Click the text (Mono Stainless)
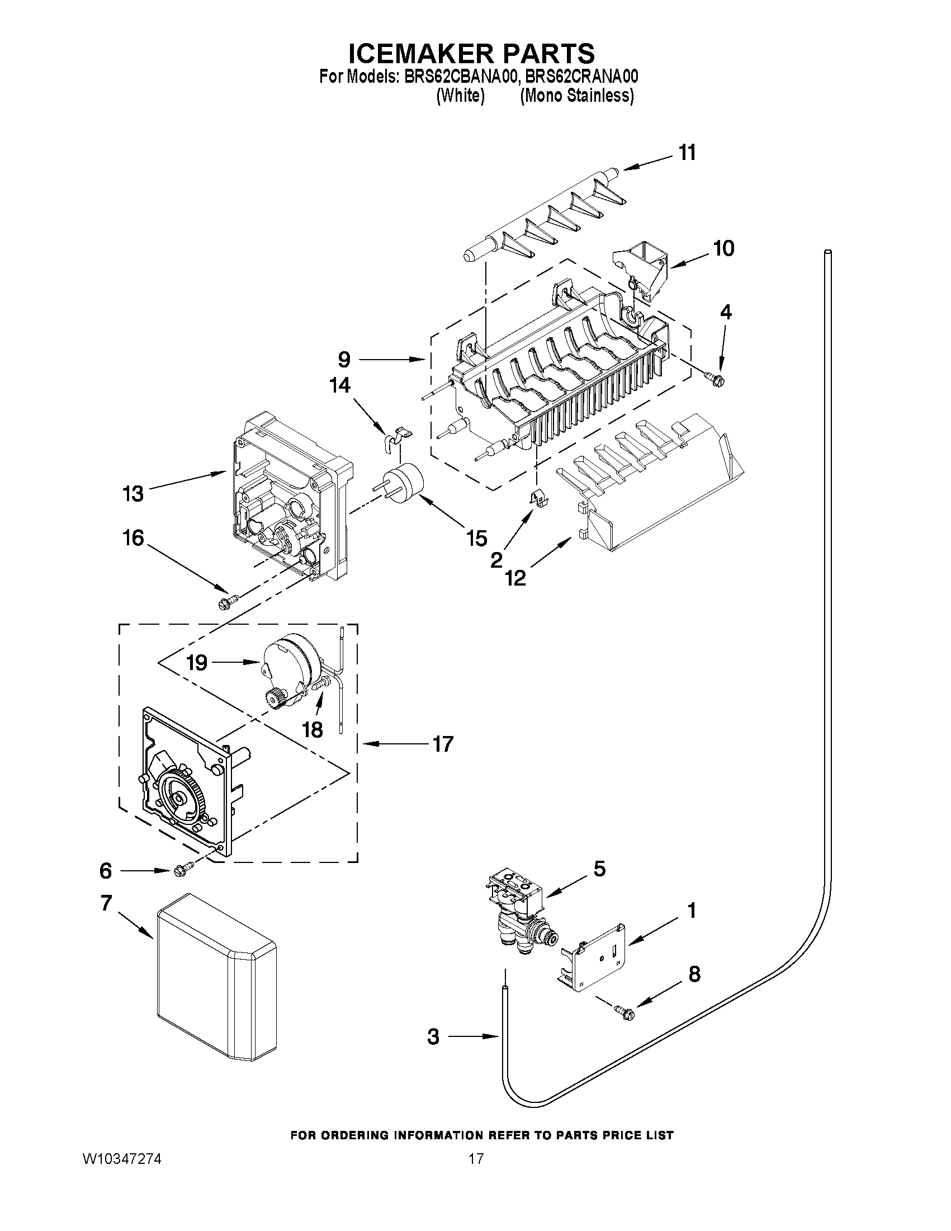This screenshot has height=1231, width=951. pyautogui.click(x=577, y=96)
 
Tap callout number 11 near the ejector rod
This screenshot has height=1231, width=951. pyautogui.click(x=687, y=153)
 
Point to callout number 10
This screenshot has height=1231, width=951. pyautogui.click(x=724, y=248)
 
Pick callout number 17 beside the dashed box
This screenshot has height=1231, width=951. pyautogui.click(x=443, y=744)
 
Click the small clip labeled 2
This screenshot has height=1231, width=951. pyautogui.click(x=539, y=498)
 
